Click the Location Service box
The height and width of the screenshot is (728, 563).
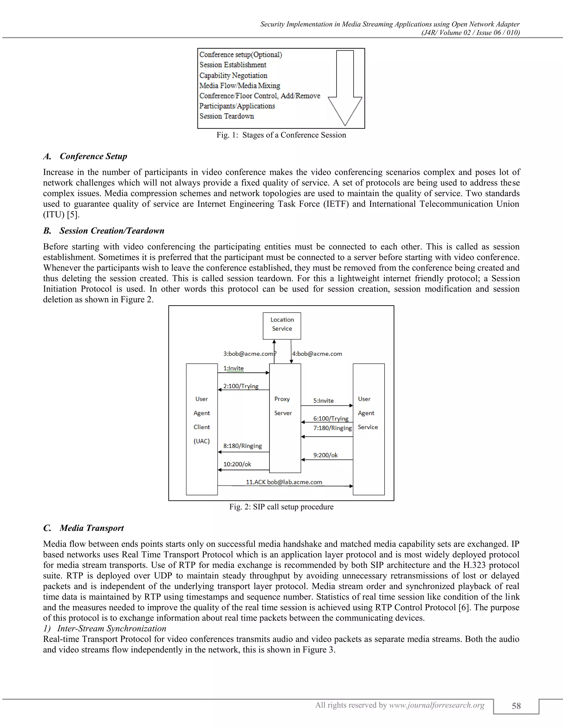[x=282, y=326]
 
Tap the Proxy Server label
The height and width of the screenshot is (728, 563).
[x=283, y=406]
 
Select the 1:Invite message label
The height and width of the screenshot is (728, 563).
[x=233, y=368]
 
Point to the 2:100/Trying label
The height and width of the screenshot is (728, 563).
[x=241, y=386]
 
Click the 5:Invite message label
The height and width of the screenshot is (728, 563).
[x=323, y=401]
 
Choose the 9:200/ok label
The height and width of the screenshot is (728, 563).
[x=325, y=455]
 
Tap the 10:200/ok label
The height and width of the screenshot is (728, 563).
[x=237, y=464]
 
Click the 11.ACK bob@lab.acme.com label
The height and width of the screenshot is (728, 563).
[x=284, y=482]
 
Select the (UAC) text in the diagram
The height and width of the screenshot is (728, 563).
[x=202, y=441]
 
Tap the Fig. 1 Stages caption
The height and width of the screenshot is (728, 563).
[x=281, y=135]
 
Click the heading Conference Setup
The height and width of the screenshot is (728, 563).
[x=93, y=156]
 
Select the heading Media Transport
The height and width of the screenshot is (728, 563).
[x=91, y=528]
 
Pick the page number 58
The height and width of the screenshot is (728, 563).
[x=516, y=706]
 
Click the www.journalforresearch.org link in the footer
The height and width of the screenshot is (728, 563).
[x=437, y=705]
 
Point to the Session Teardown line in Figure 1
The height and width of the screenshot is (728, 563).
[x=227, y=116]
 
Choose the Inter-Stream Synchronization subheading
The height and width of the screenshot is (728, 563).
[x=111, y=628]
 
